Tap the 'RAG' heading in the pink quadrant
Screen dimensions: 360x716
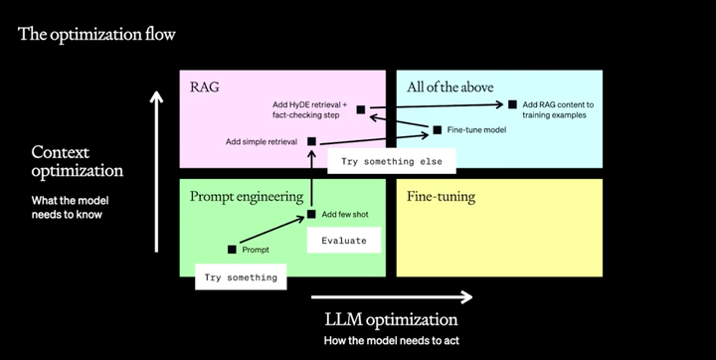click(x=204, y=88)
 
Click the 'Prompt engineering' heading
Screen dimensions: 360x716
click(x=246, y=196)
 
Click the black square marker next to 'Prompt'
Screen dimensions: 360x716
click(x=233, y=250)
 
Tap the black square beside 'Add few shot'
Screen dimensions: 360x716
click(x=311, y=214)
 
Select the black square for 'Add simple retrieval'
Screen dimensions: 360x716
click(x=311, y=142)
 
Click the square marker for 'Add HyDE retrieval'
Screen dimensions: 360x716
click(x=360, y=109)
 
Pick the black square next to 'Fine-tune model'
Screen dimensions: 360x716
click(x=437, y=129)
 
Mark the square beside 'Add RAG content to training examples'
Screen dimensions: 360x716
click(x=513, y=104)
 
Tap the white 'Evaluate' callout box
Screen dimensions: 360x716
click(x=343, y=240)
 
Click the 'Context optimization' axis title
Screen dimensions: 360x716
click(x=78, y=161)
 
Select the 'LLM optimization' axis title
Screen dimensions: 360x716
click(x=391, y=320)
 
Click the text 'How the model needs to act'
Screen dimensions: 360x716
click(x=391, y=341)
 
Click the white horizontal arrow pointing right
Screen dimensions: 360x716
click(x=391, y=295)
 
